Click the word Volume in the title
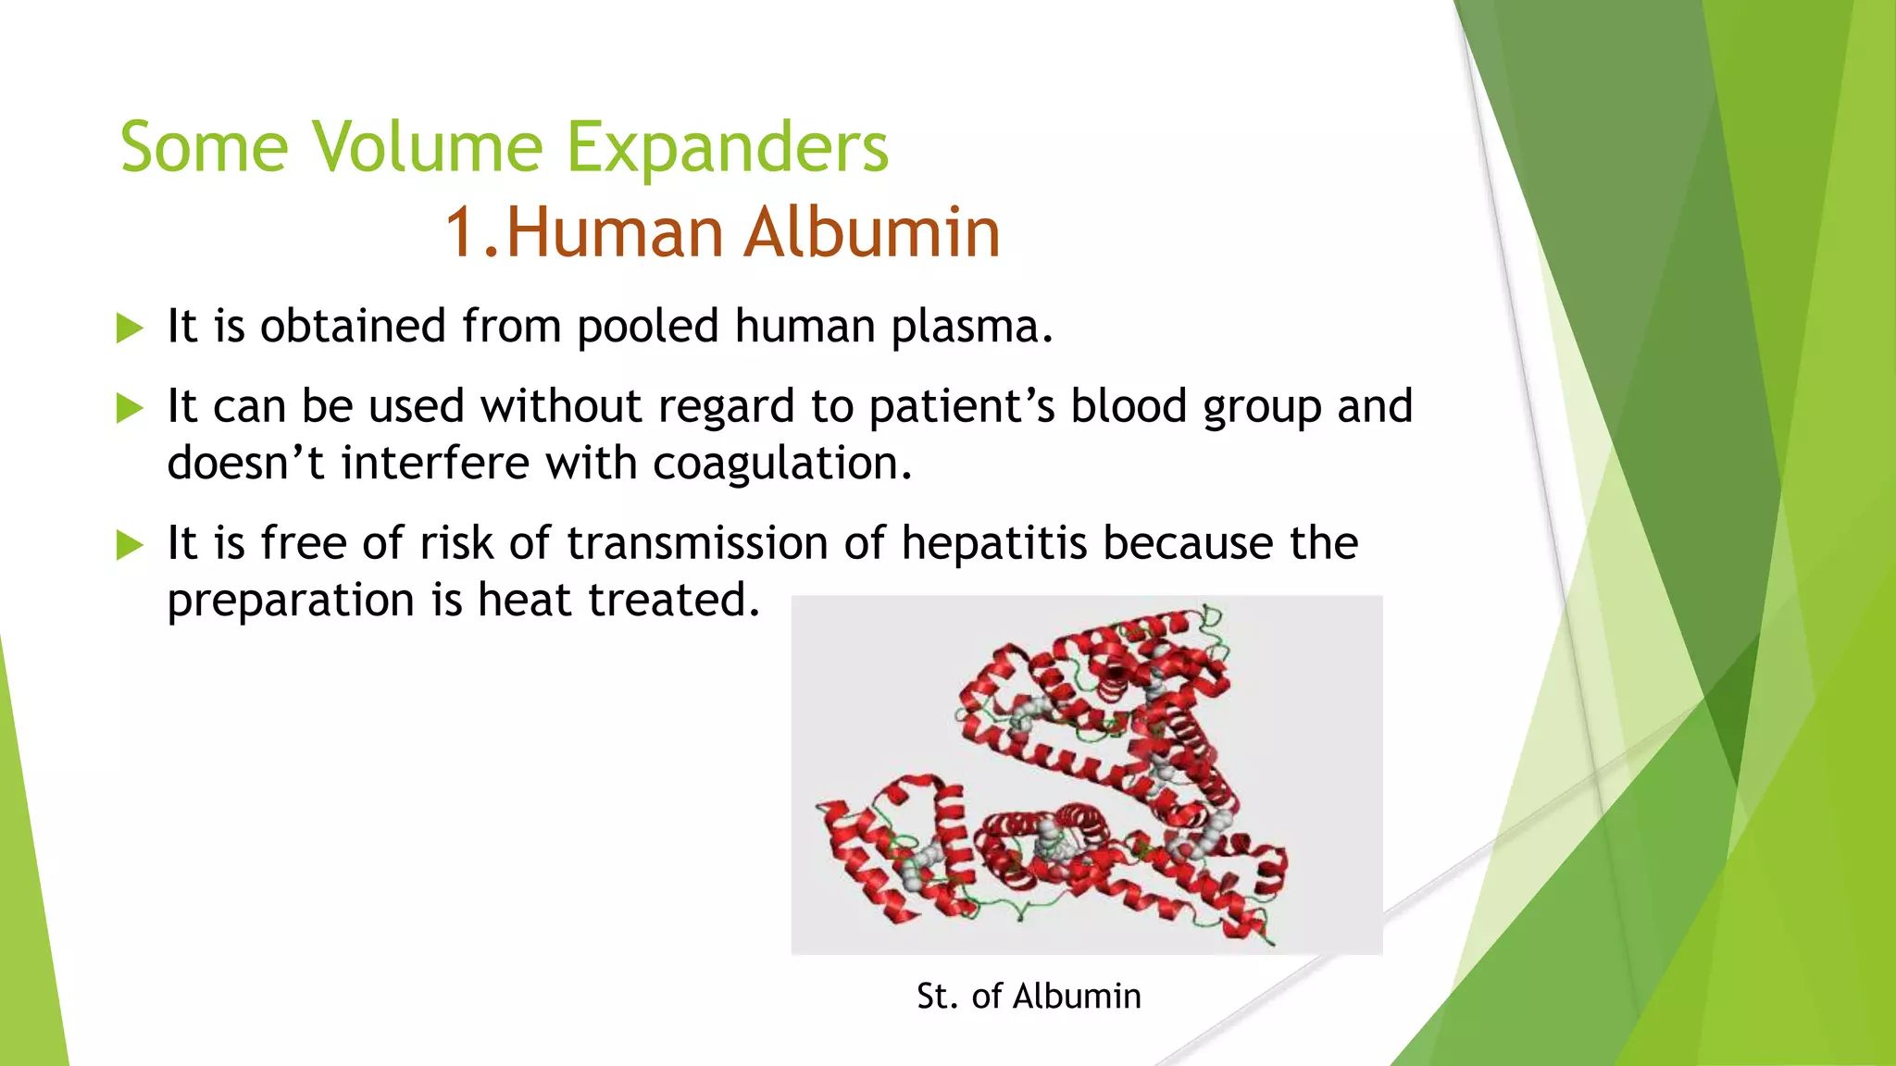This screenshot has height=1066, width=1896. (x=427, y=148)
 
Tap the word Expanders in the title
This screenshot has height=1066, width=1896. (x=727, y=148)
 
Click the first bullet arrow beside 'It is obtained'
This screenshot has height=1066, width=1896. (x=130, y=328)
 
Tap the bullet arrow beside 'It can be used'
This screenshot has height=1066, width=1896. (x=130, y=408)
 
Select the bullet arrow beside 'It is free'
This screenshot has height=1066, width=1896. (x=130, y=545)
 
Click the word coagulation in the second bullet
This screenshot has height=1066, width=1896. (x=781, y=464)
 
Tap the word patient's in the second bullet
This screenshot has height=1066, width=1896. (x=962, y=407)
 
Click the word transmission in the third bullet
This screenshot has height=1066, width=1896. (x=697, y=543)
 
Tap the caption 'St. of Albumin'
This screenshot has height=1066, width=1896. (x=1029, y=997)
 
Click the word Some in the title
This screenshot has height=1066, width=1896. (x=205, y=148)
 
